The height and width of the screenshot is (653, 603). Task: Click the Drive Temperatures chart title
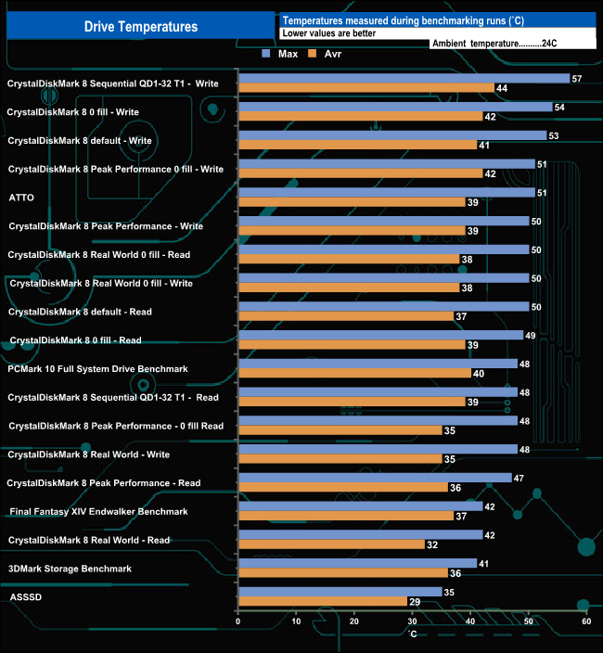(x=141, y=27)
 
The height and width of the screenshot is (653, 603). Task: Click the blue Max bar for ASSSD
(x=340, y=591)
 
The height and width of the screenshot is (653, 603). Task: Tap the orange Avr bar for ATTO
(x=352, y=202)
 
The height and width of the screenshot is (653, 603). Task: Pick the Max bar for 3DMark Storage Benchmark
(x=357, y=563)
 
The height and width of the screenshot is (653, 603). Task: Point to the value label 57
(x=577, y=79)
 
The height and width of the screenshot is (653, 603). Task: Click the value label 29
(x=415, y=602)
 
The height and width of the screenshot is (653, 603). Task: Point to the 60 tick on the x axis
(x=586, y=621)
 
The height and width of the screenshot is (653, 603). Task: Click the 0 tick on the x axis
(x=238, y=621)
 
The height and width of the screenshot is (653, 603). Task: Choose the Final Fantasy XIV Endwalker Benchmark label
(x=98, y=511)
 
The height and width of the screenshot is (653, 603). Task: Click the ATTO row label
(x=21, y=198)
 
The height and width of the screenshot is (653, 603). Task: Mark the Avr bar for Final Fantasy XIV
(x=346, y=516)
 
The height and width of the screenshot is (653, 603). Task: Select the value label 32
(x=432, y=544)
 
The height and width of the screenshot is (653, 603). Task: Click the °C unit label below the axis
(x=412, y=634)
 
